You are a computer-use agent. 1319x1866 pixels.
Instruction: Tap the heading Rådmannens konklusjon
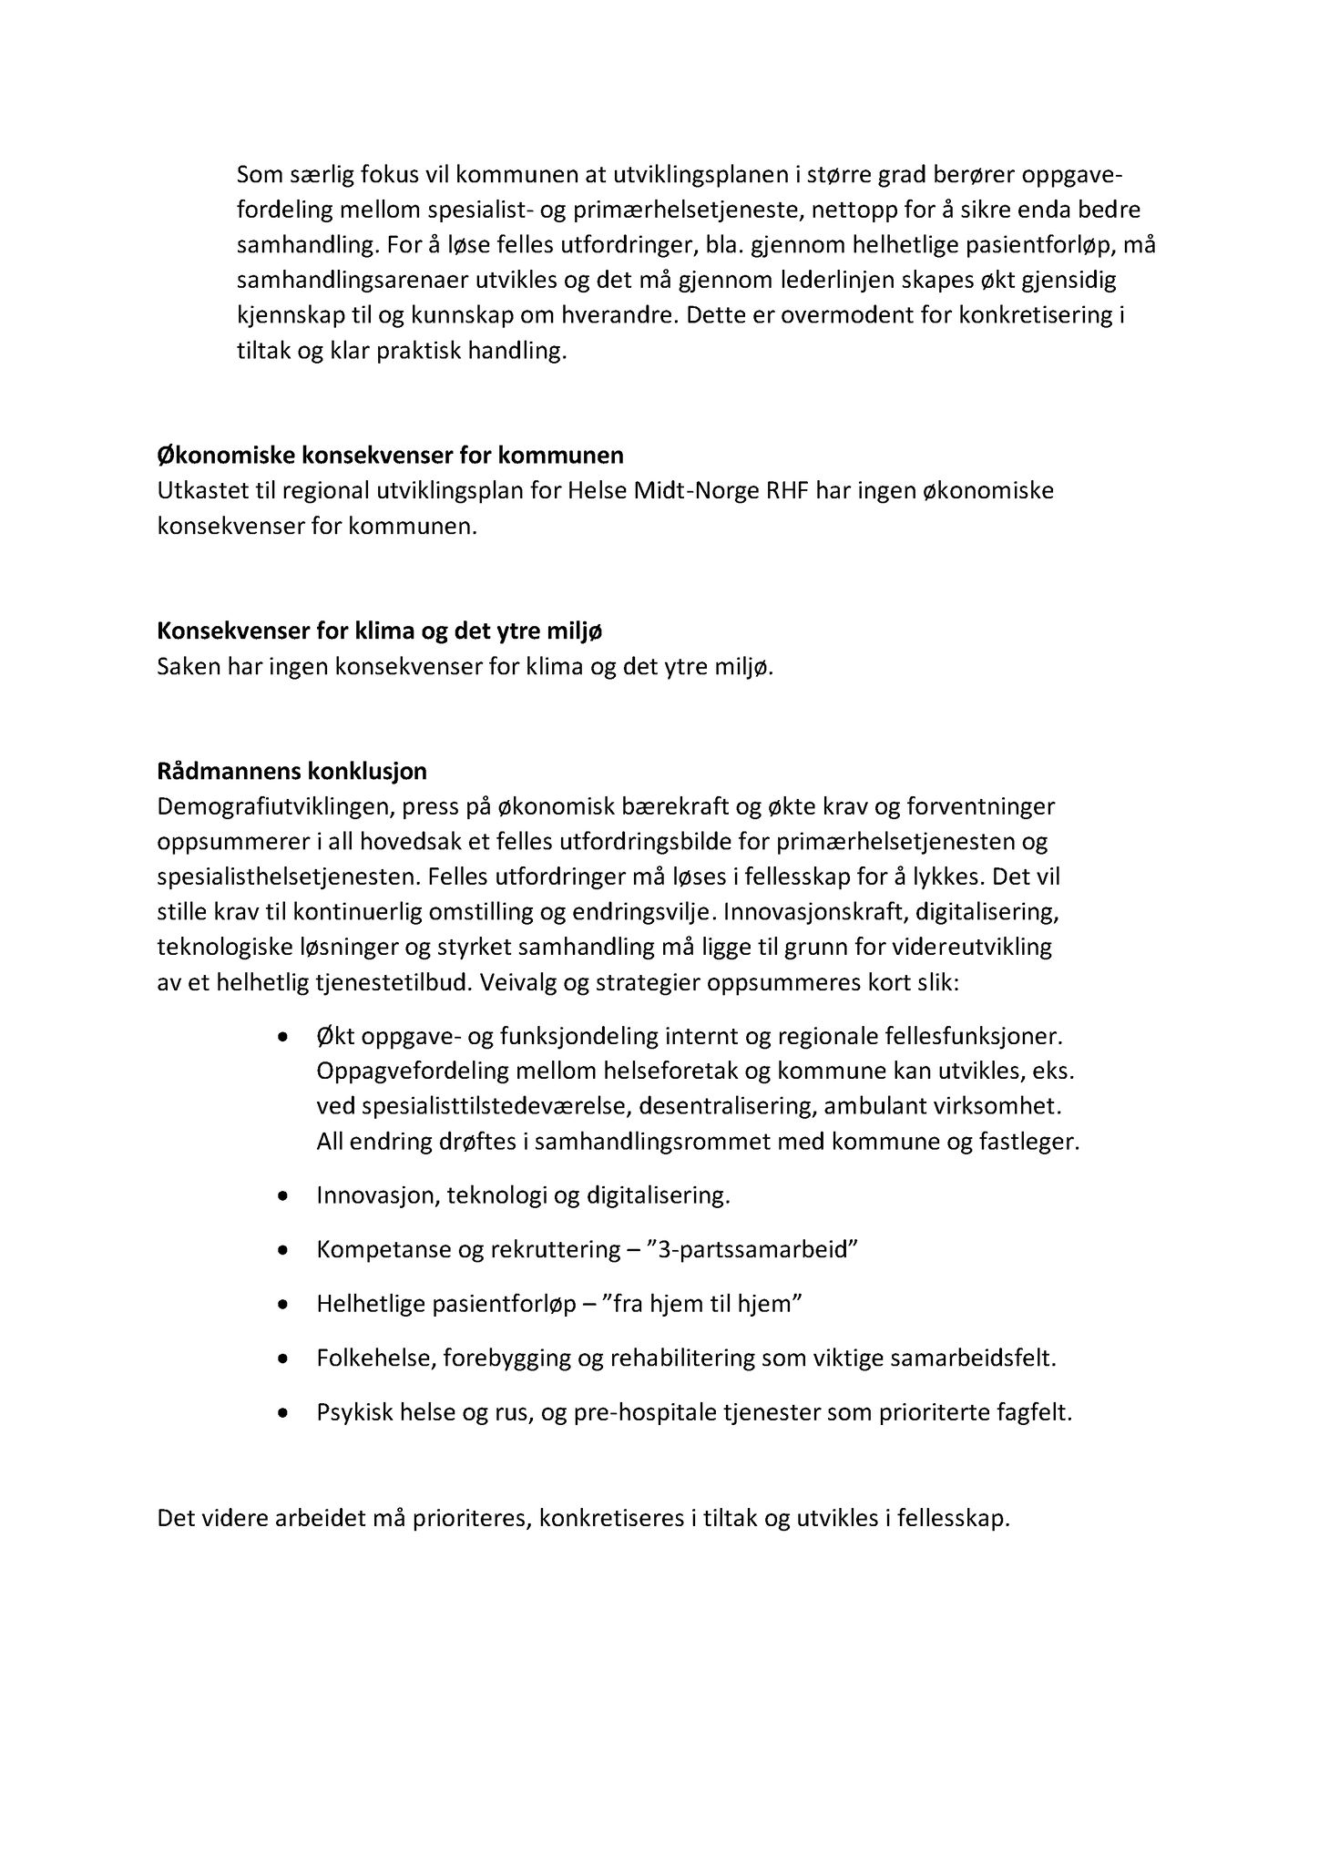tap(291, 772)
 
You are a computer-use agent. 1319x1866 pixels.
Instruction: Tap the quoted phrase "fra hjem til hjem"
tap(711, 1304)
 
